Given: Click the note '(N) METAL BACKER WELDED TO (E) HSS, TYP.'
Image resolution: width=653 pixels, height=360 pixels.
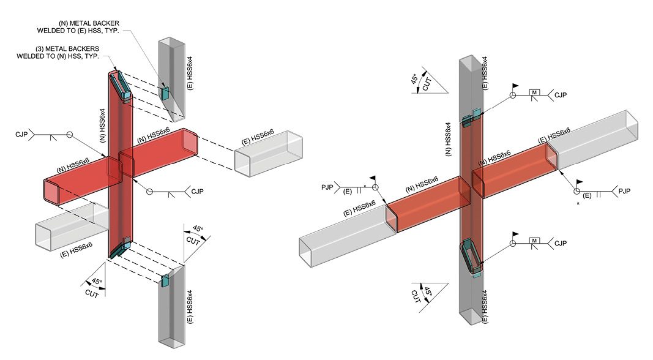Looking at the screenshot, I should pyautogui.click(x=85, y=27).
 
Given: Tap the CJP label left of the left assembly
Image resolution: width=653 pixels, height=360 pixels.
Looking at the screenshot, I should pyautogui.click(x=21, y=133).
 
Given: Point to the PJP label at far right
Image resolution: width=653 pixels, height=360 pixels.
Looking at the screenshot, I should pyautogui.click(x=624, y=191).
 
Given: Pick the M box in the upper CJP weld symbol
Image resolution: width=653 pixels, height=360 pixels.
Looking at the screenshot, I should pyautogui.click(x=535, y=94).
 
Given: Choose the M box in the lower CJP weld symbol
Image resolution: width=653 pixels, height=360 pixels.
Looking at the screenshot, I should pyautogui.click(x=535, y=242).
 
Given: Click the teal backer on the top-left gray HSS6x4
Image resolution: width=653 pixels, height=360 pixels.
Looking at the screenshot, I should pyautogui.click(x=165, y=92).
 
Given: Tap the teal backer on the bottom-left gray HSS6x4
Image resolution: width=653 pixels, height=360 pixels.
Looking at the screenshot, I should pyautogui.click(x=165, y=280).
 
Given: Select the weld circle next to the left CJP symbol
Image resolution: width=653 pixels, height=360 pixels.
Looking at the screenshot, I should pyautogui.click(x=69, y=134).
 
